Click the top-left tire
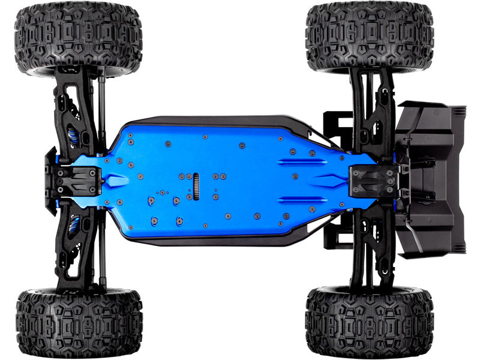78,37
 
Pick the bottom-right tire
368,323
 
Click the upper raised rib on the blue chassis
302,161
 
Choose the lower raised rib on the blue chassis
302,200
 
